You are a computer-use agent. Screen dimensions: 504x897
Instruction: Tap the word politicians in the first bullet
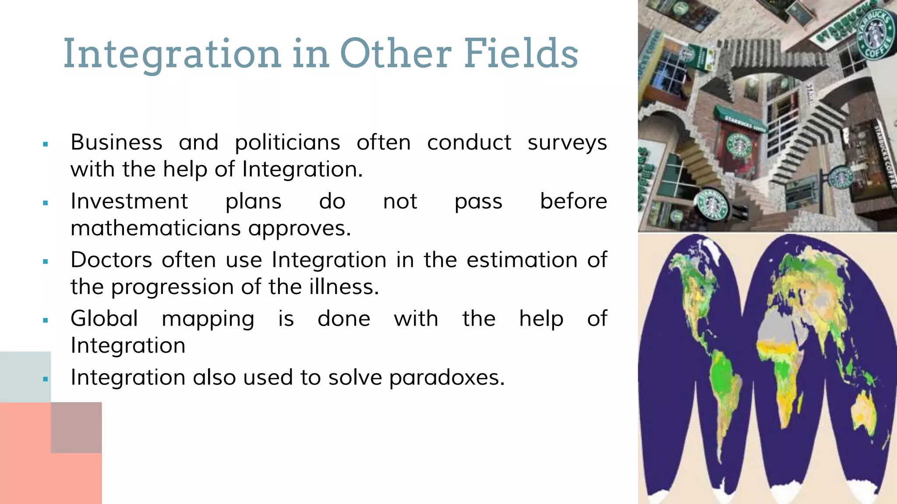287,143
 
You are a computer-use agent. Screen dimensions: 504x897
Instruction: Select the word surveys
567,143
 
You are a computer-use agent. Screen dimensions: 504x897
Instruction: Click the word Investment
129,201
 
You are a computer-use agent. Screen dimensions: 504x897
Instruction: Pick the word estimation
522,260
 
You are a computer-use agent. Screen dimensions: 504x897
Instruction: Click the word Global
104,318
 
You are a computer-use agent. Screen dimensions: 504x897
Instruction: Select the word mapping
208,319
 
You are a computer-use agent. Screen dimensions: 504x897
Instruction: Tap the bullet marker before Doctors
46,262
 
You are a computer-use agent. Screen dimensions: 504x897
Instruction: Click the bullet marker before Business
46,144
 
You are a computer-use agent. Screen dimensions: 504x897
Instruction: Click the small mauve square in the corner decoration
76,427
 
